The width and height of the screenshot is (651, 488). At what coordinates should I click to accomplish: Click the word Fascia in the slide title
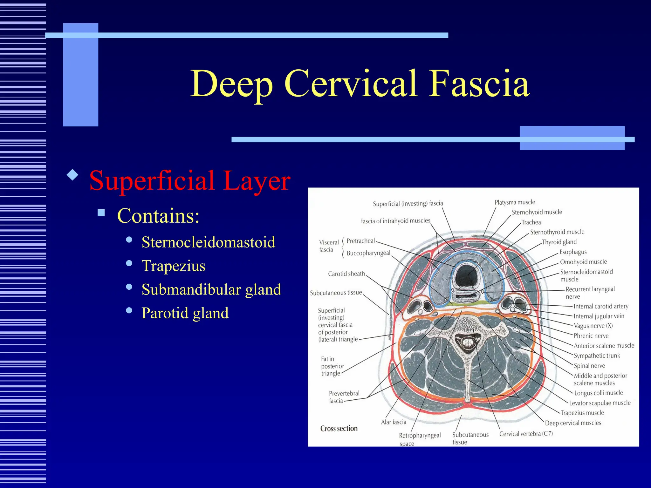(x=479, y=84)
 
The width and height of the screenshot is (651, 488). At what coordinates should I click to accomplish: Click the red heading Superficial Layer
(x=190, y=180)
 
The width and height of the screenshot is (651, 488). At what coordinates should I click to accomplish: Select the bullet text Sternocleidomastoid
(x=208, y=242)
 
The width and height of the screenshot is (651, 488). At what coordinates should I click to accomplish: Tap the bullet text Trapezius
(x=174, y=266)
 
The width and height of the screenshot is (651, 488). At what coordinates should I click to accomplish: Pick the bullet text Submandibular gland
(x=211, y=289)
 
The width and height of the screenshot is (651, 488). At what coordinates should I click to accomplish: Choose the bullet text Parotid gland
(x=185, y=313)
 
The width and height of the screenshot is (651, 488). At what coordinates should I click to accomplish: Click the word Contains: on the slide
(x=158, y=216)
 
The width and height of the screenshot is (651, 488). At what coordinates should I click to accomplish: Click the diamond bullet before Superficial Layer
(x=73, y=175)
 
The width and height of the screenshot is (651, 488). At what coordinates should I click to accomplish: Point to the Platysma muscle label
(x=515, y=202)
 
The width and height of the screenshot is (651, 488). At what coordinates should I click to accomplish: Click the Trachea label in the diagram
(x=531, y=222)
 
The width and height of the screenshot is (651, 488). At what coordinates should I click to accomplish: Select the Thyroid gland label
(x=559, y=242)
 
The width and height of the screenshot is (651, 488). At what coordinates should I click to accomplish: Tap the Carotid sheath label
(x=346, y=274)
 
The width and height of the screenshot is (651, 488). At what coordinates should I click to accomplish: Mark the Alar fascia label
(x=394, y=422)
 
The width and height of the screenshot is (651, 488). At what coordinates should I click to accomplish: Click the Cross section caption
(x=339, y=428)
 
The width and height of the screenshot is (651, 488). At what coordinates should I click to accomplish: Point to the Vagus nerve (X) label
(x=593, y=326)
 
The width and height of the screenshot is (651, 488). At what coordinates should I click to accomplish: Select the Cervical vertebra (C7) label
(x=526, y=434)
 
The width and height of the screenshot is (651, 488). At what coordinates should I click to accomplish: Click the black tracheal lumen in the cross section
(x=466, y=276)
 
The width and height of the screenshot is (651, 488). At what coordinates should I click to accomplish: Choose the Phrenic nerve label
(x=591, y=335)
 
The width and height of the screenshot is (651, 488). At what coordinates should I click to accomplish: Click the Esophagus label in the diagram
(x=573, y=252)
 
